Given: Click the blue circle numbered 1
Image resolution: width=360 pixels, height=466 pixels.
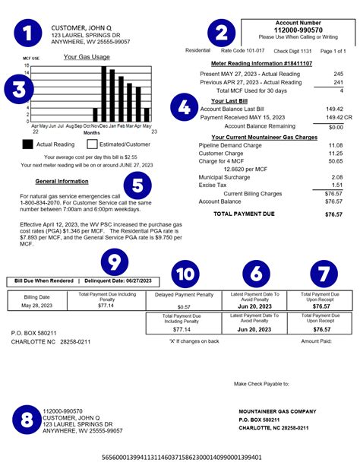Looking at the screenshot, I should click(x=29, y=34).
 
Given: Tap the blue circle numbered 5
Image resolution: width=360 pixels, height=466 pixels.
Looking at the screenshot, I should click(x=137, y=185).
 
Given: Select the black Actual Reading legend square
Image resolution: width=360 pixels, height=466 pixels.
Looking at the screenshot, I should click(x=27, y=143).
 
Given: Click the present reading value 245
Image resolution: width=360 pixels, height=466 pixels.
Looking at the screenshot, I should click(x=338, y=74).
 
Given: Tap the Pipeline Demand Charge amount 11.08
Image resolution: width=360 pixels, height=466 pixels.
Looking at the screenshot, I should click(x=336, y=144).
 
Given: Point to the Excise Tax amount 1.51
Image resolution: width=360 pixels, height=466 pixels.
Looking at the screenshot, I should click(x=337, y=185).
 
